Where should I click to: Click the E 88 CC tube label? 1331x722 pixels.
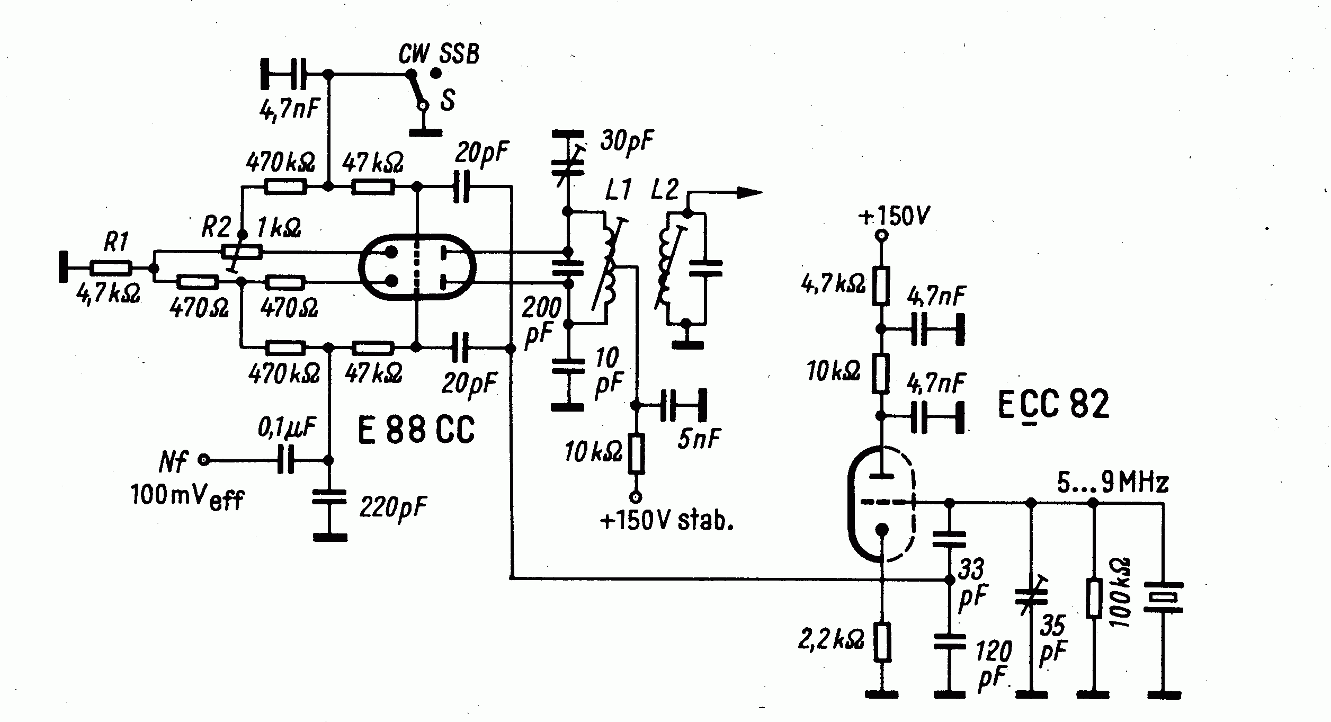coord(416,429)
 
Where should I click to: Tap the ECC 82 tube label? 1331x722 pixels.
coord(1052,405)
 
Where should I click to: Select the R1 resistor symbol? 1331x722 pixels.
coord(111,269)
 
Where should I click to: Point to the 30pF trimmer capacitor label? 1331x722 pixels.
coord(627,141)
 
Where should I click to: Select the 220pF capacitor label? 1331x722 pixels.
coord(393,507)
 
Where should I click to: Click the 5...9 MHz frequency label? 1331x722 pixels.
coord(1113,483)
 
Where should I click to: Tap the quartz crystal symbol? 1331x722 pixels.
coord(1163,598)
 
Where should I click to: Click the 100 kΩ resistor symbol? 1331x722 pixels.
coord(1094,599)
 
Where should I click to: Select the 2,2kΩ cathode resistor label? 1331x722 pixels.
coord(830,640)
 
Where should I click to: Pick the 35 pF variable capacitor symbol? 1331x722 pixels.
coord(1031,596)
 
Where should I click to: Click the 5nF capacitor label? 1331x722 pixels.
coord(699,439)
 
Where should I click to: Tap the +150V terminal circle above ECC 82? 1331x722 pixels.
coord(880,235)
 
